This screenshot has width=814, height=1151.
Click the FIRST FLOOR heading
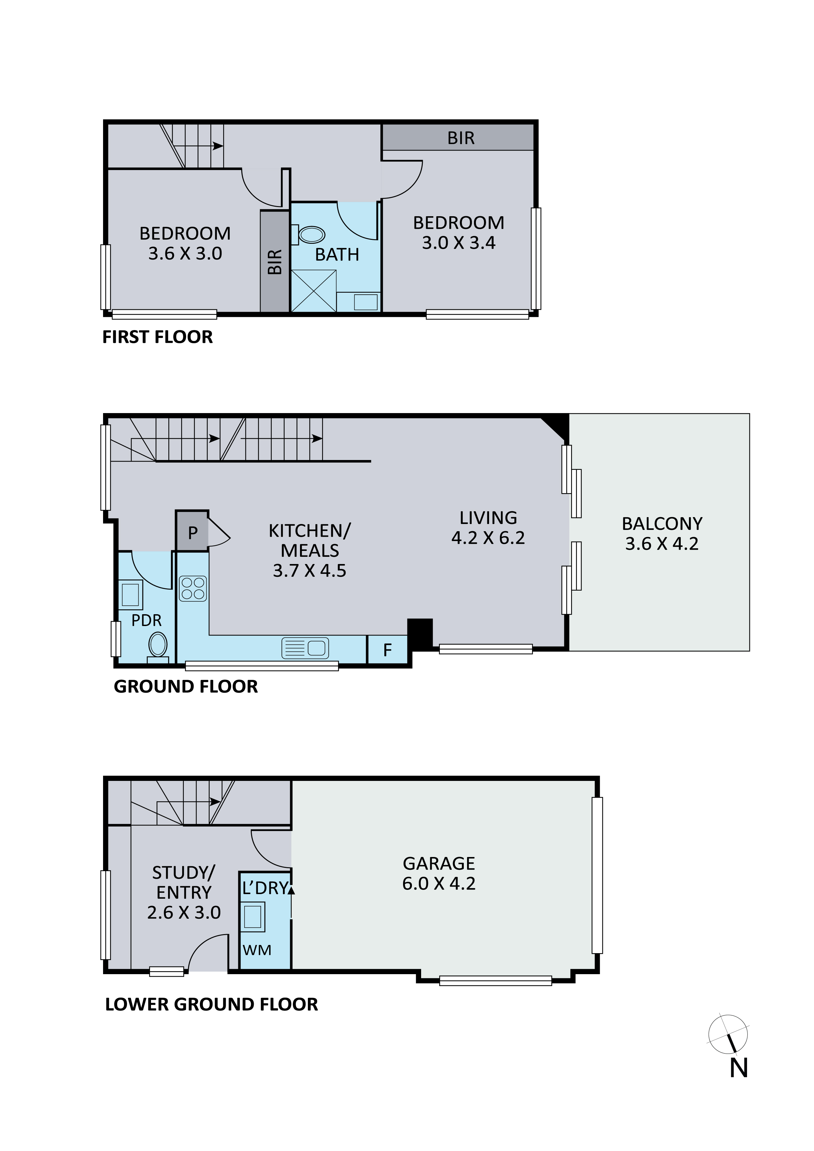click(158, 337)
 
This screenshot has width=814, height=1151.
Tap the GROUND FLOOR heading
click(185, 686)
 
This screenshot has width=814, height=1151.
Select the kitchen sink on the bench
click(305, 648)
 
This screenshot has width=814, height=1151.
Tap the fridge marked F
click(387, 650)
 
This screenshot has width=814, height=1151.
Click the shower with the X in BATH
click(313, 291)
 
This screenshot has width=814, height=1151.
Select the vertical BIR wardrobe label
click(275, 262)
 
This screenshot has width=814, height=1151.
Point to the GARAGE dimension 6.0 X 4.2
click(439, 883)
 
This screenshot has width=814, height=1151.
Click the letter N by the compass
click(739, 1068)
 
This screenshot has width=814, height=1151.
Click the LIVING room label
click(488, 517)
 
